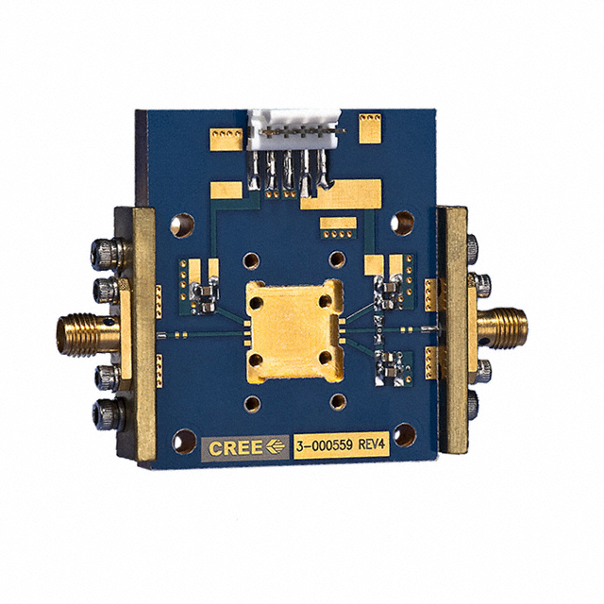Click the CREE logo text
coord(235,447)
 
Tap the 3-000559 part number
coord(325,445)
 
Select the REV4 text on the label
coord(372,445)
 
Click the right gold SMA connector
coord(502,328)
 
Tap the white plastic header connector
coord(294,128)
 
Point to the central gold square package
coord(294,331)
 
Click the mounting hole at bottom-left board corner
coord(184,442)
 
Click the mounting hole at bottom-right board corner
coord(405,434)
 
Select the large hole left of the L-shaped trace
coord(182,226)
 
